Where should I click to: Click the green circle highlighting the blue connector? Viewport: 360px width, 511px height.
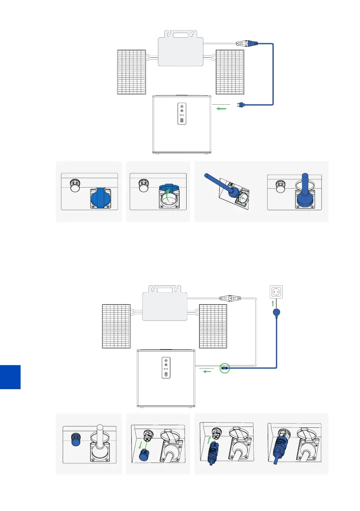pyautogui.click(x=224, y=367)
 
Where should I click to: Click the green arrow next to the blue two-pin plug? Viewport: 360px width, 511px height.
pyautogui.click(x=221, y=109)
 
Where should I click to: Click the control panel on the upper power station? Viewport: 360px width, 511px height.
pyautogui.click(x=182, y=114)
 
